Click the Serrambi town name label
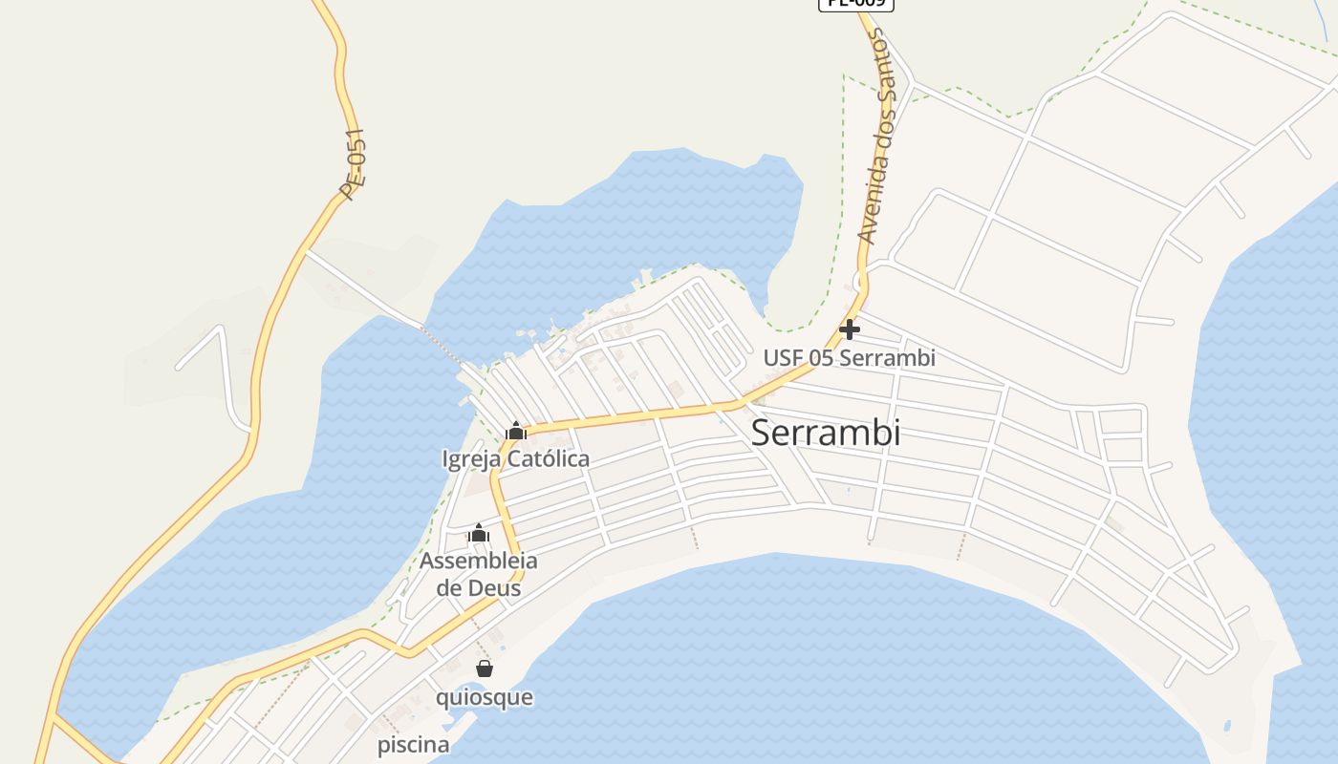[826, 433]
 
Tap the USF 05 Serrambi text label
[849, 358]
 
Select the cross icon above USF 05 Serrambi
[849, 329]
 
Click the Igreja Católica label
[515, 459]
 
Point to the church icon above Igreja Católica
[516, 432]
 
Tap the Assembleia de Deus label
[478, 574]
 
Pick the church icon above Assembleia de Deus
[479, 533]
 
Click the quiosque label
[484, 697]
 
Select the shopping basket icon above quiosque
[485, 668]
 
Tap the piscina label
[413, 745]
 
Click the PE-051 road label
[353, 164]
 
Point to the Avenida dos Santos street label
[880, 136]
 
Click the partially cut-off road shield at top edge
[855, 4]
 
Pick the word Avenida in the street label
[872, 202]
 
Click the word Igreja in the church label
[471, 459]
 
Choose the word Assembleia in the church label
[478, 561]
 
